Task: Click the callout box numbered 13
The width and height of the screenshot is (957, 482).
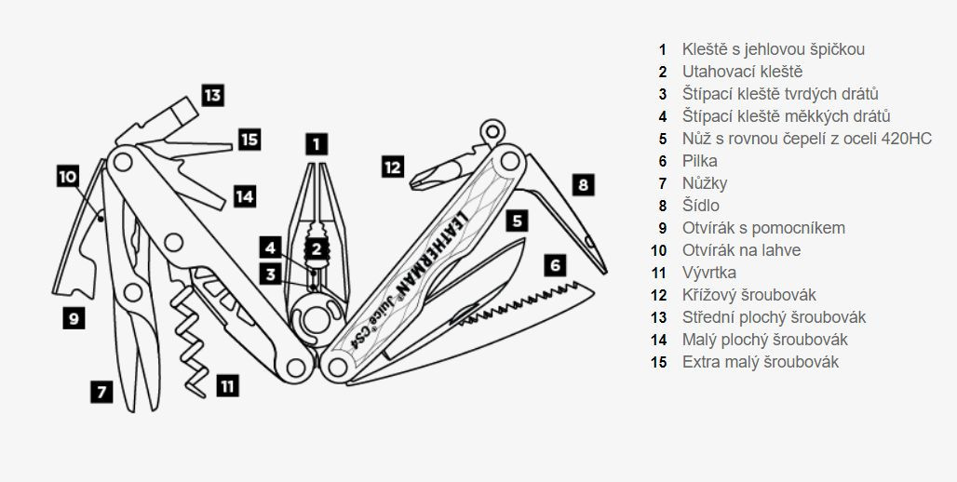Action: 212,95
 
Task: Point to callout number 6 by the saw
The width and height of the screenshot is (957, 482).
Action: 556,265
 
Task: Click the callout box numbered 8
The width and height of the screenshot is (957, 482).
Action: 583,184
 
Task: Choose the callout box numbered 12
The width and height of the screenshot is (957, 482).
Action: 393,167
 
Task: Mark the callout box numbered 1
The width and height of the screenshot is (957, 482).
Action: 317,143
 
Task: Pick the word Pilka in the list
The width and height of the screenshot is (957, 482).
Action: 699,161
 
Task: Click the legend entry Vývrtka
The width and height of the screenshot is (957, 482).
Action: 708,273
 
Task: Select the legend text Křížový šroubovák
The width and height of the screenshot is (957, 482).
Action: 748,295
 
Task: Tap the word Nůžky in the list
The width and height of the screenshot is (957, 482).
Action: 705,183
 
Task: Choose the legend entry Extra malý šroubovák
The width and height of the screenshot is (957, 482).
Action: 760,362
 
